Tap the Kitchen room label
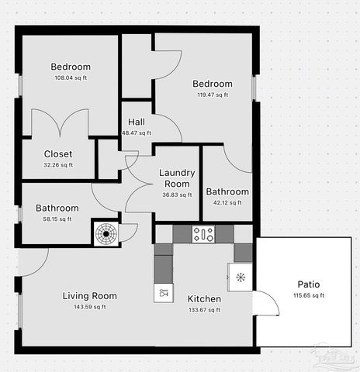pyautogui.click(x=204, y=298)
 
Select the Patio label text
pyautogui.click(x=308, y=284)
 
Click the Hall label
pyautogui.click(x=137, y=122)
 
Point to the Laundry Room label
pyautogui.click(x=176, y=178)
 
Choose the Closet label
pyautogui.click(x=58, y=153)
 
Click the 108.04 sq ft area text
pyautogui.click(x=71, y=77)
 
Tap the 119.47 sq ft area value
pyautogui.click(x=212, y=95)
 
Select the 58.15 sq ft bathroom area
pyautogui.click(x=57, y=219)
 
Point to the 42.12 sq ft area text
pyautogui.click(x=227, y=202)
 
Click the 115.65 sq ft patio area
pyautogui.click(x=308, y=295)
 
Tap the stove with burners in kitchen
pyautogui.click(x=203, y=232)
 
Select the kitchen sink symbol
pyautogui.click(x=164, y=292)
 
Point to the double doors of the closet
pyautogui.click(x=59, y=124)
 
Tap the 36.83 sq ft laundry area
pyautogui.click(x=176, y=195)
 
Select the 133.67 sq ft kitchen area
pyautogui.click(x=204, y=309)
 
